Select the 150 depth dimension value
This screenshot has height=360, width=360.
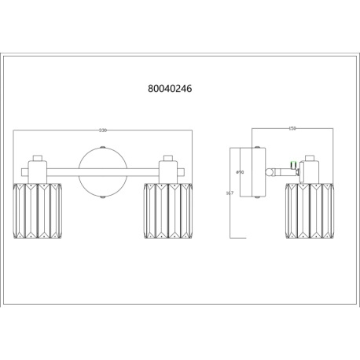291,129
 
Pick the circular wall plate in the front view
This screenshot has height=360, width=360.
102,171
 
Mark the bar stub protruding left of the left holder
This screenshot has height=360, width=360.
21,167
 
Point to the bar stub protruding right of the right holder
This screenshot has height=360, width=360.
183,167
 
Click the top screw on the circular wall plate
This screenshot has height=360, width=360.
102,147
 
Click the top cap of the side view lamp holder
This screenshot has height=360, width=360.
310,157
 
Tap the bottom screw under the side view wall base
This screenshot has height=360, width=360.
256,197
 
